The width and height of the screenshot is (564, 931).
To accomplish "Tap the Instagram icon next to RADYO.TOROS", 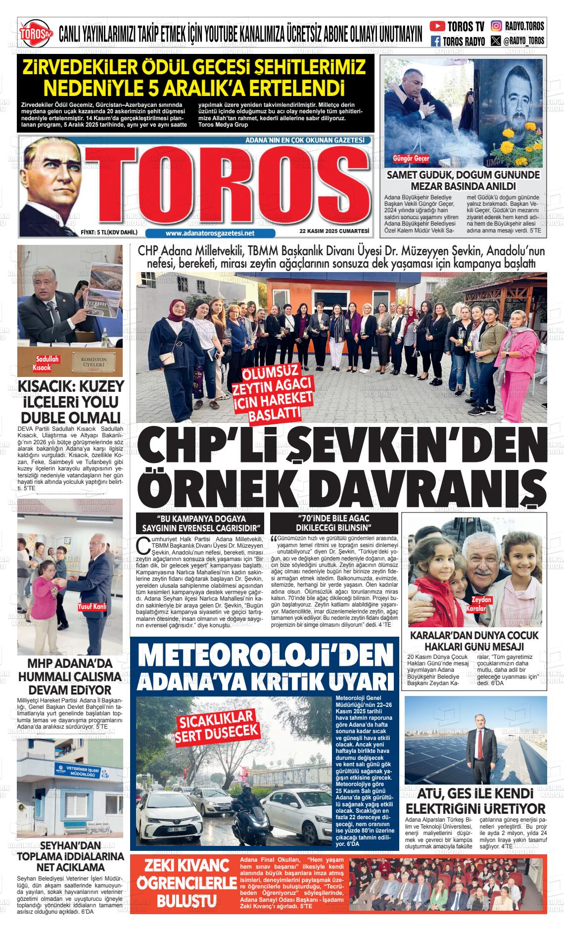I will (496, 26).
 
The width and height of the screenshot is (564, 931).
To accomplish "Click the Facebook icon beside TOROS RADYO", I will (436, 41).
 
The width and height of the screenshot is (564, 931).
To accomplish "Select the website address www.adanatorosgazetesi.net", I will (210, 233).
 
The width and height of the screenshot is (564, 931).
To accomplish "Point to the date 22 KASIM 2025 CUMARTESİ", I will (334, 231).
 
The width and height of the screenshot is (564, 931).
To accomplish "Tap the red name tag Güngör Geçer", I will (411, 159).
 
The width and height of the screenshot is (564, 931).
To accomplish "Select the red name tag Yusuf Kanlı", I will (92, 606).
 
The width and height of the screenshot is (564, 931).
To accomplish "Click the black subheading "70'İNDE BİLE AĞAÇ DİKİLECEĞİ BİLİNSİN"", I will (337, 522).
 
